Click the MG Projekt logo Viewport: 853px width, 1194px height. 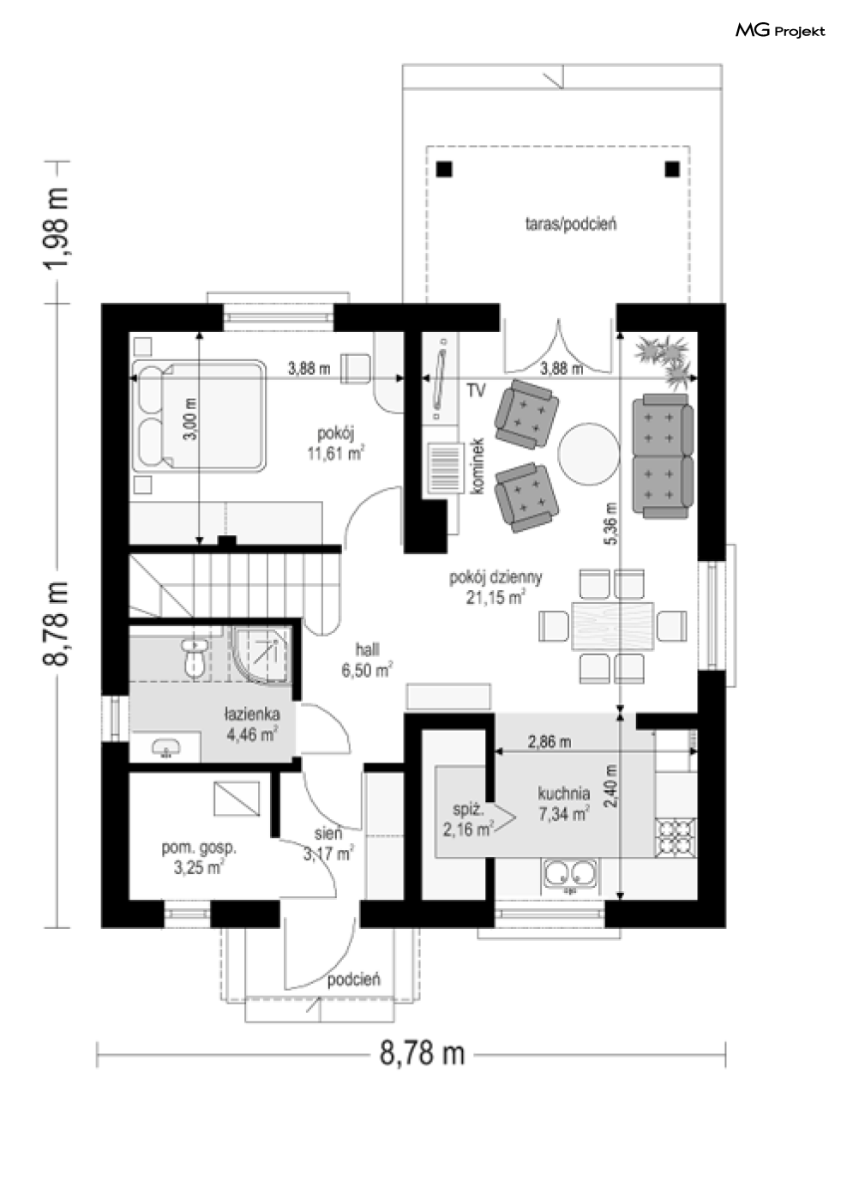click(780, 31)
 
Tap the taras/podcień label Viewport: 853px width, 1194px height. click(571, 224)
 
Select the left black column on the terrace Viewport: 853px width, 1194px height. click(444, 169)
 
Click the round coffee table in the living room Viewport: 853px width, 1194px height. click(589, 454)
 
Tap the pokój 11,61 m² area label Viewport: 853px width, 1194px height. click(336, 443)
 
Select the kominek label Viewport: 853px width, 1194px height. click(477, 467)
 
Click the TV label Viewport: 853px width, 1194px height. click(477, 391)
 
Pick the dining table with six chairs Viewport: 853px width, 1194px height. click(613, 626)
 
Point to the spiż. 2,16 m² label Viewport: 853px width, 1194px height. click(468, 820)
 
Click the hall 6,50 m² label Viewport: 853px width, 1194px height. click(367, 660)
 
